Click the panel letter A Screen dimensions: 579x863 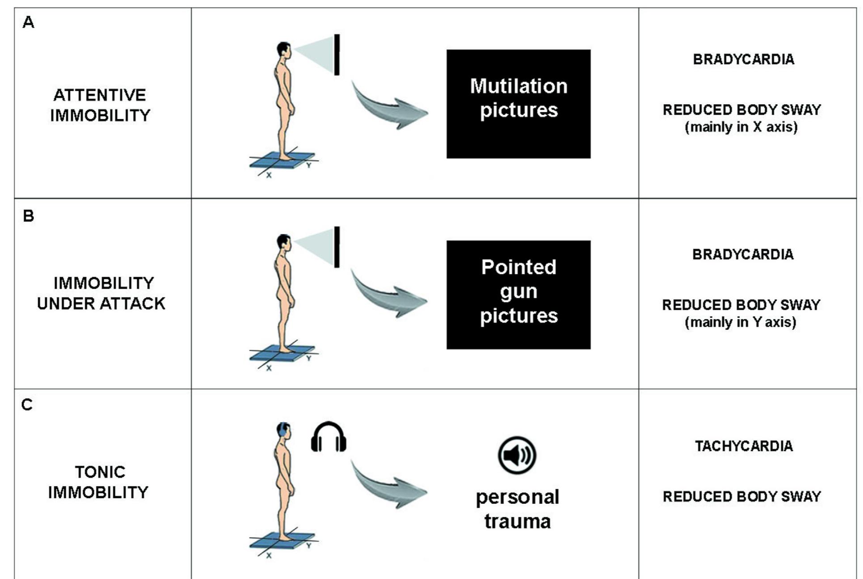point(28,22)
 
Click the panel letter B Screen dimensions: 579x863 point(28,216)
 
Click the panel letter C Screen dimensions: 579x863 point(27,405)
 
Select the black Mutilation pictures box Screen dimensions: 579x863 point(518,104)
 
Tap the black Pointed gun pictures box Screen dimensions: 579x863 point(518,294)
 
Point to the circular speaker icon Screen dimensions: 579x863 point(517,455)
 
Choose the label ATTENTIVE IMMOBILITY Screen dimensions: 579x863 point(100,105)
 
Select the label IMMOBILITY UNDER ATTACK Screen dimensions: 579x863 point(101,293)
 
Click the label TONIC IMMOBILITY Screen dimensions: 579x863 point(99,482)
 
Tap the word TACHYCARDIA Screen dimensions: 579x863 point(744,446)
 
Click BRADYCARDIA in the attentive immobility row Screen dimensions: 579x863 point(744,59)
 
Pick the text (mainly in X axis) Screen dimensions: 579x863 point(741,127)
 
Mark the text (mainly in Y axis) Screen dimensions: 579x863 point(741,322)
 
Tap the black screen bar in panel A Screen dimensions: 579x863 point(337,55)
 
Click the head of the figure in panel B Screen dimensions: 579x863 point(283,242)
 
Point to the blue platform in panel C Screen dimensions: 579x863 point(282,540)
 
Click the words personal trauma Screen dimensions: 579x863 point(518,509)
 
